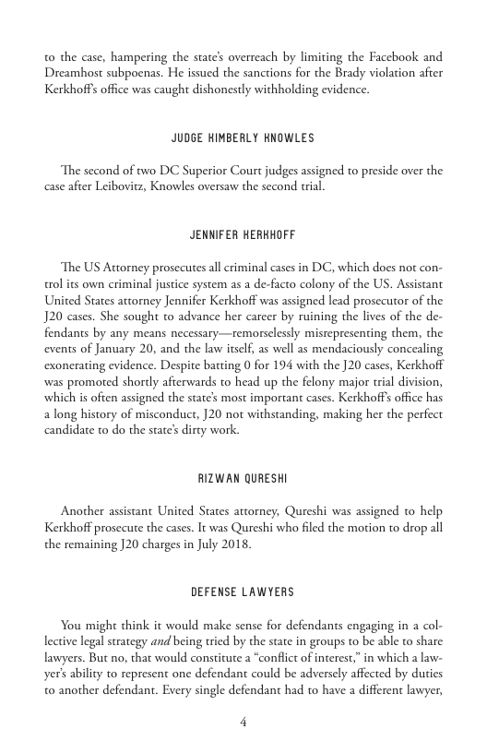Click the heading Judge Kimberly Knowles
pyautogui.click(x=243, y=138)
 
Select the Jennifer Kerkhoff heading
pyautogui.click(x=243, y=236)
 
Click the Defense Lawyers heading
pyautogui.click(x=243, y=591)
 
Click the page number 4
pyautogui.click(x=243, y=723)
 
